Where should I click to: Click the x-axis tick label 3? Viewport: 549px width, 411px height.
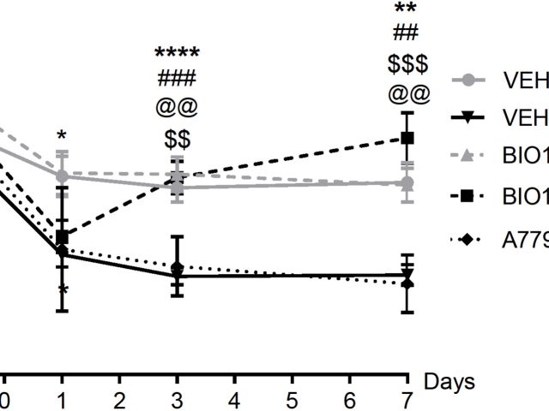[177, 400]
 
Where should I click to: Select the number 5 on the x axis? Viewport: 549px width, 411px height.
[293, 400]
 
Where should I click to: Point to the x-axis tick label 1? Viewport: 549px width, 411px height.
[61, 400]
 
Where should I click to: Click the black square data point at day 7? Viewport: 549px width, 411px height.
[407, 137]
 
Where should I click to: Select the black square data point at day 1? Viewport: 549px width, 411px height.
[61, 236]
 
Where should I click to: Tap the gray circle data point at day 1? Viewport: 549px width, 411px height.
[61, 176]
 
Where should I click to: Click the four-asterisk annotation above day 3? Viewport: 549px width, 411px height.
[177, 55]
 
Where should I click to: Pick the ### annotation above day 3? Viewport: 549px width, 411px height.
[177, 80]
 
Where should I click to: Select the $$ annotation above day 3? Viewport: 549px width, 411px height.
[177, 139]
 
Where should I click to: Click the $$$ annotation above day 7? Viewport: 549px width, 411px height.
[407, 64]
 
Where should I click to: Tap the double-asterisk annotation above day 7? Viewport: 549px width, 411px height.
[407, 10]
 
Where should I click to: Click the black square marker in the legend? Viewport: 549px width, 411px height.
[468, 197]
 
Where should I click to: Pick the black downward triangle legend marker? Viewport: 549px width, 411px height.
[468, 117]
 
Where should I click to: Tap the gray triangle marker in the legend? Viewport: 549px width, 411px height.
[468, 158]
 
